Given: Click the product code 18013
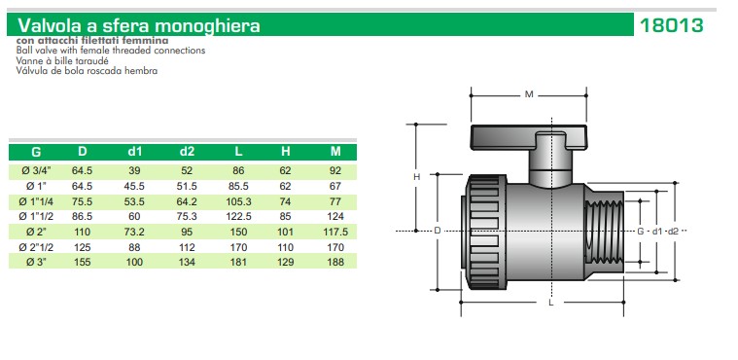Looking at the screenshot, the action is [671, 25].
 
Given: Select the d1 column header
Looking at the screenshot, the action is [134, 151].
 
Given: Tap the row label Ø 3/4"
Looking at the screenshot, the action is [36, 171].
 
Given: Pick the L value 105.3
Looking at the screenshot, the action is [238, 201].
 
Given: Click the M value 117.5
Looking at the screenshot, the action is [335, 232].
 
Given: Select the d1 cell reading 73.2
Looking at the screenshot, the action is [134, 232].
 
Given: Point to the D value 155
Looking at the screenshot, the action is [83, 262].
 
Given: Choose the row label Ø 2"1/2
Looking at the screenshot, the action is [36, 247].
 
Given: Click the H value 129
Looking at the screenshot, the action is [285, 262].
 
